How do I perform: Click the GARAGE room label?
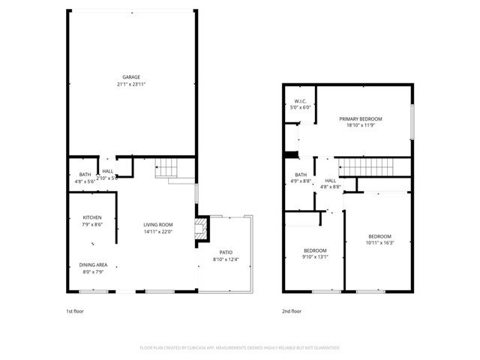[x=131, y=77]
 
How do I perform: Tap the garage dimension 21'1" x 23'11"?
[x=131, y=84]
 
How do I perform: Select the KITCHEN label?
[x=91, y=217]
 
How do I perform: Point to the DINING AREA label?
[x=93, y=264]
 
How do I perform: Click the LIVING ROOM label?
[x=158, y=224]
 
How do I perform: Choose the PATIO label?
[x=226, y=253]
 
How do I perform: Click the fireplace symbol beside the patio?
[x=199, y=229]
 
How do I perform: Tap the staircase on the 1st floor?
[x=167, y=169]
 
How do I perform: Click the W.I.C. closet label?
[x=300, y=100]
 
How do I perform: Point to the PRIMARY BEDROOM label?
[x=360, y=119]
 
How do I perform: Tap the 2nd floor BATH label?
[x=300, y=174]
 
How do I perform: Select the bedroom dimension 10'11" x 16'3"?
[x=379, y=242]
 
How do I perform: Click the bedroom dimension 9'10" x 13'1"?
[x=315, y=256]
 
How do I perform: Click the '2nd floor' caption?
[x=292, y=310]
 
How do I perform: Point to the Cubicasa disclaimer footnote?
[x=240, y=347]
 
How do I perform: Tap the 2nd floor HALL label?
[x=330, y=181]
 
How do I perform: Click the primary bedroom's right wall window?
[x=412, y=120]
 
